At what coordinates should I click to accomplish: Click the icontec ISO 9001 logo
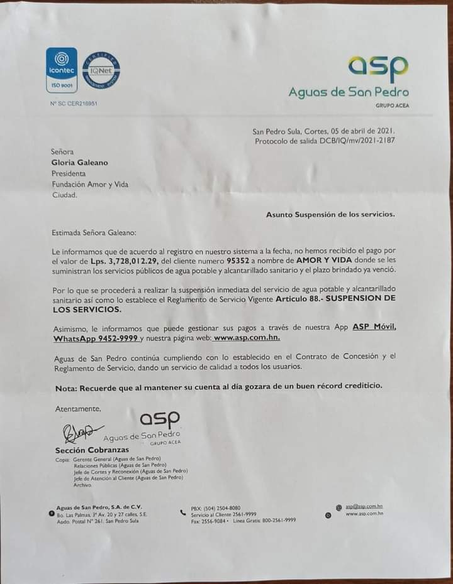[62, 70]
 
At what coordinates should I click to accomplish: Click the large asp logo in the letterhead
[378, 67]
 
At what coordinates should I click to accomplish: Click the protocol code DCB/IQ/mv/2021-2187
[354, 141]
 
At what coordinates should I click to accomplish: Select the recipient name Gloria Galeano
[79, 163]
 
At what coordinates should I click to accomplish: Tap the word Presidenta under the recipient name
[69, 173]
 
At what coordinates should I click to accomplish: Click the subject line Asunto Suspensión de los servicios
[330, 215]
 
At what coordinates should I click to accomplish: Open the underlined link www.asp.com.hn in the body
[246, 339]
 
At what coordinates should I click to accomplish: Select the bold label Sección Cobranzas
[84, 450]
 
